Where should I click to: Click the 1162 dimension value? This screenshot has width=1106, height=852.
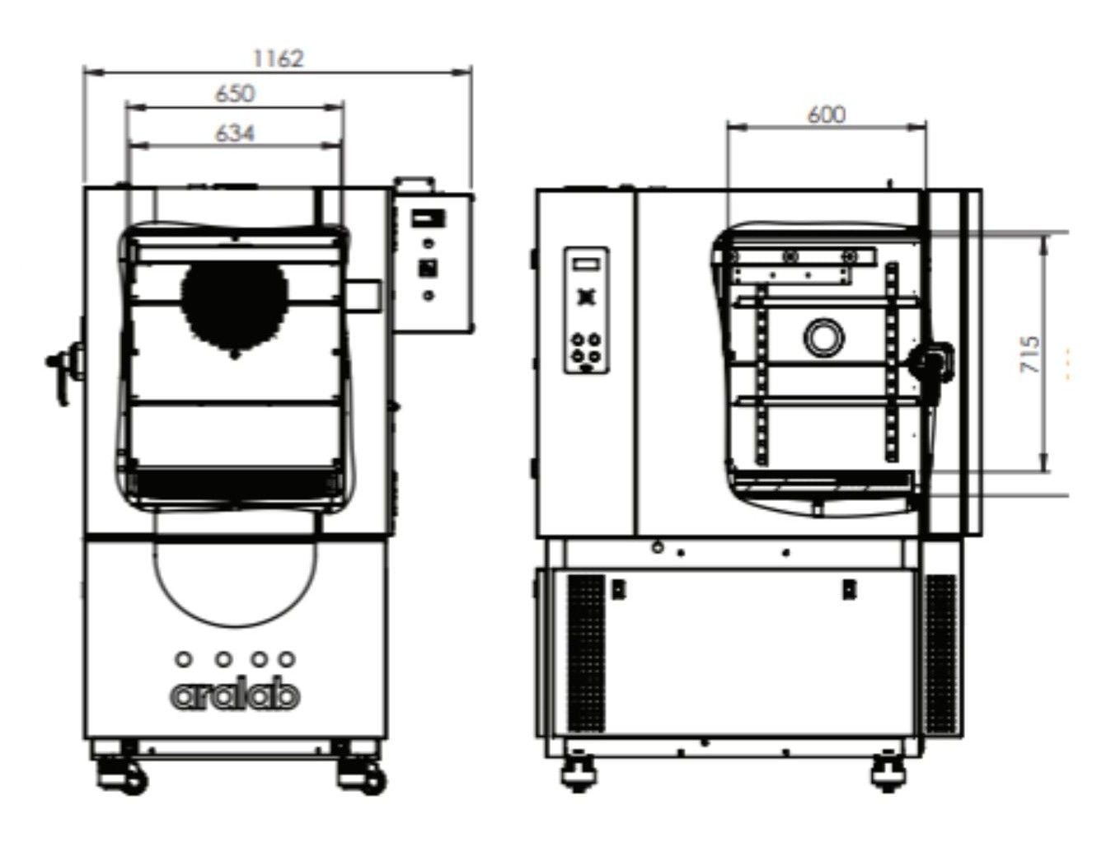click(x=278, y=58)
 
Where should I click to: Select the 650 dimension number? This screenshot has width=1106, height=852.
click(x=235, y=94)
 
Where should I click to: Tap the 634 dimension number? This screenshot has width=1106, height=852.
click(x=235, y=133)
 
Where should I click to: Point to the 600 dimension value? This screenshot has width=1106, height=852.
click(x=827, y=115)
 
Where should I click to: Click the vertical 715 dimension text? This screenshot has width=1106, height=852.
click(x=1029, y=354)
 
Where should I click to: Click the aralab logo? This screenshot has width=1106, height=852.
click(x=235, y=695)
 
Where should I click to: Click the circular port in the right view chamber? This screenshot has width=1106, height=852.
click(x=824, y=337)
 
